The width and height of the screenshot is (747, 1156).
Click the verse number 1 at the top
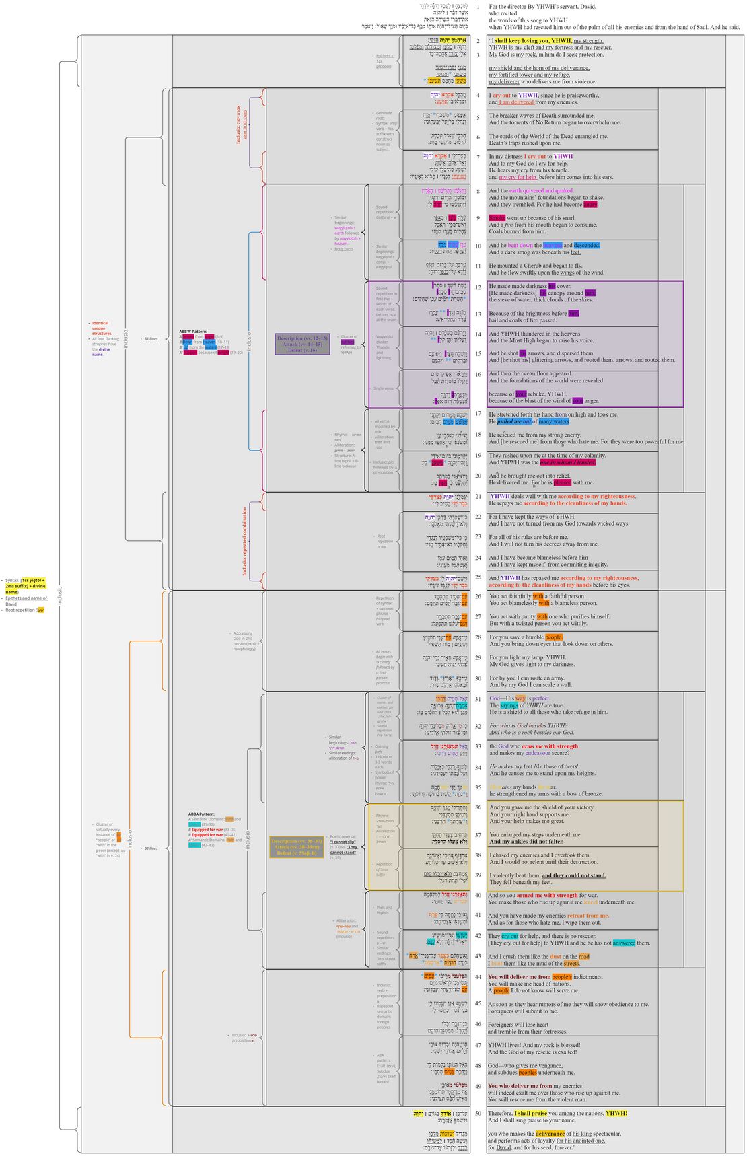tap(478, 7)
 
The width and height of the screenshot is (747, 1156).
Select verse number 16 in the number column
tap(478, 374)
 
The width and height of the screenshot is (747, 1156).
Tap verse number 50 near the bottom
tap(478, 1113)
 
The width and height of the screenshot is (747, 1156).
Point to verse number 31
tap(478, 698)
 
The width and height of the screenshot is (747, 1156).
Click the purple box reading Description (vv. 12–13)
tap(301, 344)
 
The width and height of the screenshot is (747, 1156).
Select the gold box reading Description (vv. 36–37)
tap(296, 847)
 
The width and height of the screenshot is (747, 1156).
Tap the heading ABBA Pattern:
tap(201, 814)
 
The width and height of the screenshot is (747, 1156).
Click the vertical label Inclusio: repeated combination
tap(244, 542)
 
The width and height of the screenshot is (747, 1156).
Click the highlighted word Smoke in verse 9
tap(497, 218)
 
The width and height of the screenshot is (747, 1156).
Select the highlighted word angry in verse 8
tap(590, 205)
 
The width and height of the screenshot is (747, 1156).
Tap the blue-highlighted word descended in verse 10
tap(587, 246)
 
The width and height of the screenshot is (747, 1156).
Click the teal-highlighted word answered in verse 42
tap(624, 943)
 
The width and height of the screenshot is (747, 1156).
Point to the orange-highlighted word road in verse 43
tap(583, 956)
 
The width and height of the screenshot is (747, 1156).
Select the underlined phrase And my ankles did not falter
tap(526, 841)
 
